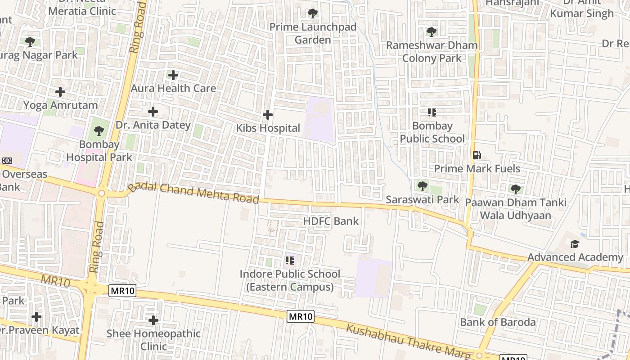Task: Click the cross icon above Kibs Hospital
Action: click(268, 115)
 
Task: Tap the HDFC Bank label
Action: click(331, 221)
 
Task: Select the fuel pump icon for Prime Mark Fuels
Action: click(477, 155)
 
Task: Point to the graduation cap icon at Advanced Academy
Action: click(575, 244)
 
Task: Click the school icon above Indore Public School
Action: click(290, 260)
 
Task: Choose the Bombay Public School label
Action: click(432, 132)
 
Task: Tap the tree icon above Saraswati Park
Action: click(422, 186)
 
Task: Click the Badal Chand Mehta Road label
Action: click(193, 193)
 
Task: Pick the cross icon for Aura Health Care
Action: click(173, 75)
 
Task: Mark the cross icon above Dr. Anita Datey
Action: click(153, 112)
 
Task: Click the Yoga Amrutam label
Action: click(60, 105)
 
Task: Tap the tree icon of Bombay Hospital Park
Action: click(99, 131)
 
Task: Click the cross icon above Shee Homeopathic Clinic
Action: click(153, 320)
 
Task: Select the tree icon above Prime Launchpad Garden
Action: click(313, 13)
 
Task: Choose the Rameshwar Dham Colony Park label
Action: click(432, 52)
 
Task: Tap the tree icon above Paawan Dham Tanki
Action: click(516, 189)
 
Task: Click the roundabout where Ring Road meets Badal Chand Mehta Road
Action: click(102, 193)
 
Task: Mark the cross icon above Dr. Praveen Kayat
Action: click(36, 317)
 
